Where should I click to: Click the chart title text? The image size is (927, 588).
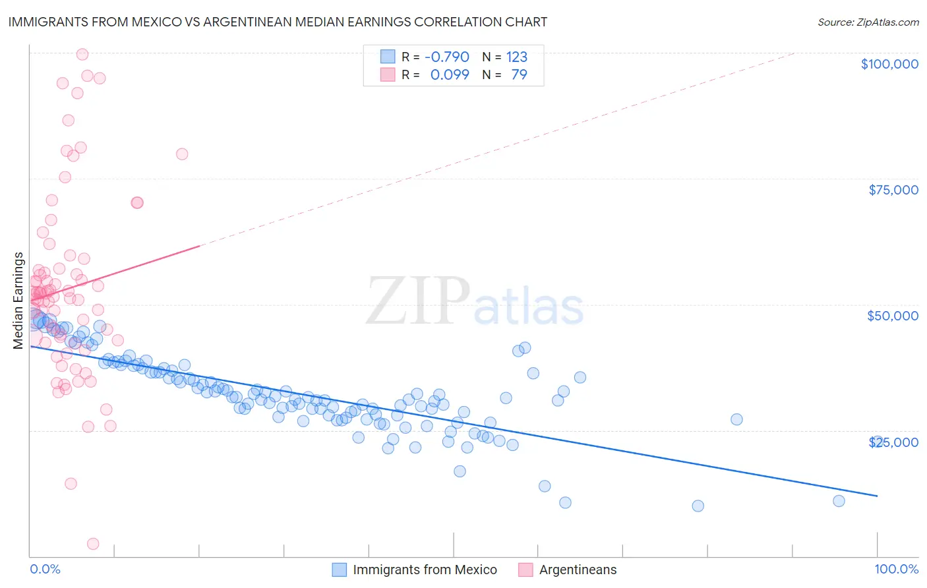point(278,22)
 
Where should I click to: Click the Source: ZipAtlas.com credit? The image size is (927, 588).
point(868,22)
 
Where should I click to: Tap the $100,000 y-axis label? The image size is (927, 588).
point(889,64)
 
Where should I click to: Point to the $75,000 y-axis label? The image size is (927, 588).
point(893,190)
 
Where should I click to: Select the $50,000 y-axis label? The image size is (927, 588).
point(892,316)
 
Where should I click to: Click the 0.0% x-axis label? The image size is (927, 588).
point(45,569)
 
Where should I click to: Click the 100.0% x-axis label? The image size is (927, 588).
point(896,569)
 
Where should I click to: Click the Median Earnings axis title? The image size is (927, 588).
point(18,301)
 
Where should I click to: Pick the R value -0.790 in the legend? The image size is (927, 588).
point(446,57)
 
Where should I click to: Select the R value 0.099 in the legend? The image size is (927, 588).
point(449,74)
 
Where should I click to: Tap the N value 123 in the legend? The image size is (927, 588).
point(516,57)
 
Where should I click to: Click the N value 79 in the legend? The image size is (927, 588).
point(519,74)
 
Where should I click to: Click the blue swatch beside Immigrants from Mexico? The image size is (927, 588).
point(339,570)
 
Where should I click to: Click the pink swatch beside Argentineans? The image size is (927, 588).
point(525,570)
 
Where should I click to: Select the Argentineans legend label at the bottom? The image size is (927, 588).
point(578,570)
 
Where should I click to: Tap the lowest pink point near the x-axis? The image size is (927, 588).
point(93,544)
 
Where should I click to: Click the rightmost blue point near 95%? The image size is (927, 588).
point(839,501)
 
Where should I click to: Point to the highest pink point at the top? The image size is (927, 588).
point(82,54)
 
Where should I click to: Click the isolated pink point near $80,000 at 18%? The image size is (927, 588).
point(182,154)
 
